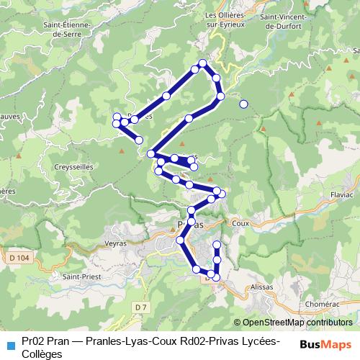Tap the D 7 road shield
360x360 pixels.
[x=140, y=308]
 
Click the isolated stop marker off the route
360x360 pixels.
[x=243, y=104]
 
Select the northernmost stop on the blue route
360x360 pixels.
[x=203, y=63]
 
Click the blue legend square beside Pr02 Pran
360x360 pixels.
[x=10, y=343]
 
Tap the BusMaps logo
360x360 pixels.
[x=325, y=343]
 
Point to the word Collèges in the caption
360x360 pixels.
[x=42, y=354]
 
